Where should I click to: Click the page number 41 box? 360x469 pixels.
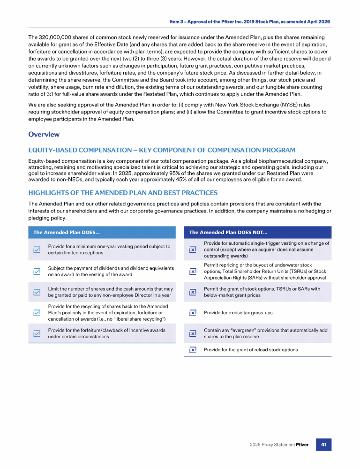[323, 444]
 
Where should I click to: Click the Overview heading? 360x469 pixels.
[44, 135]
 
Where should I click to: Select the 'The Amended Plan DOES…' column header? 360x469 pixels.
[65, 232]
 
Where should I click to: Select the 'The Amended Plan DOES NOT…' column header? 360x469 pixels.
[228, 232]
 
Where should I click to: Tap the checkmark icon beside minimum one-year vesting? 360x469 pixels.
[37, 250]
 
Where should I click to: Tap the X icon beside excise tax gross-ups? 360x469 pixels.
[192, 313]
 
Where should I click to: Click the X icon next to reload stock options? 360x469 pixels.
[192, 350]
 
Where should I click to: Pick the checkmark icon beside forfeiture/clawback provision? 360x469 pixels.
[37, 333]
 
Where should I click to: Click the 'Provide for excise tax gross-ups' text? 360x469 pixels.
[238, 313]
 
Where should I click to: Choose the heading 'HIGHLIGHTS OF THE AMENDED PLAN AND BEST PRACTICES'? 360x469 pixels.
[123, 193]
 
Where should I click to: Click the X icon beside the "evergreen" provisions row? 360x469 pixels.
[192, 333]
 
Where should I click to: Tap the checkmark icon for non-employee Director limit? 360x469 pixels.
[37, 292]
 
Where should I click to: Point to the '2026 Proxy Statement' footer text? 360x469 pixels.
[272, 445]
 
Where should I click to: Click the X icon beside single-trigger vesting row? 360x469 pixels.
[192, 250]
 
